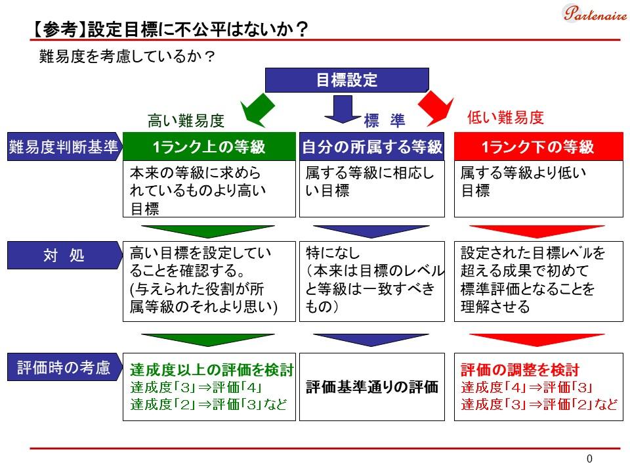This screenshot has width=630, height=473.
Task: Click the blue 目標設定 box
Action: click(x=346, y=80)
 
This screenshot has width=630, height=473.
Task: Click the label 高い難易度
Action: click(x=186, y=121)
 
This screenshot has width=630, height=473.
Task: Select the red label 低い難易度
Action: click(x=505, y=118)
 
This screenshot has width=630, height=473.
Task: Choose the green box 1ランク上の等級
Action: click(x=209, y=147)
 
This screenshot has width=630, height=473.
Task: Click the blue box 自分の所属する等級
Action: click(x=372, y=147)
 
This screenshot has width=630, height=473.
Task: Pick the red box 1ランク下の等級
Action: click(x=537, y=147)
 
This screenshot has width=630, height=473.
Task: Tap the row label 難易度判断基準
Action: click(x=63, y=147)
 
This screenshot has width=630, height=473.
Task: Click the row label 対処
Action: click(x=64, y=255)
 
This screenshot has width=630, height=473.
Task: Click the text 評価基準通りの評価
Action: click(x=371, y=387)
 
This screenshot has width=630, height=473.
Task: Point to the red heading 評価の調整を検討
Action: click(x=520, y=370)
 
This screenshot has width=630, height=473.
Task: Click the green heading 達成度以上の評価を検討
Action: click(x=211, y=370)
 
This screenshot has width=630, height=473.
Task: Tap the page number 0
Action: click(x=589, y=459)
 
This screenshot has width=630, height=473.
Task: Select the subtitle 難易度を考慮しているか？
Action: click(x=127, y=57)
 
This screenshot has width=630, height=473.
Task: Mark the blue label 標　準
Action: click(x=385, y=121)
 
